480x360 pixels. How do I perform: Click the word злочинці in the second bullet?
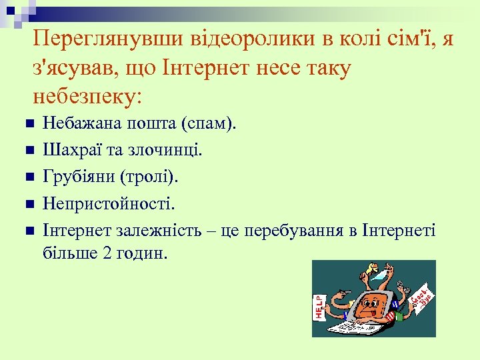click(164, 150)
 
